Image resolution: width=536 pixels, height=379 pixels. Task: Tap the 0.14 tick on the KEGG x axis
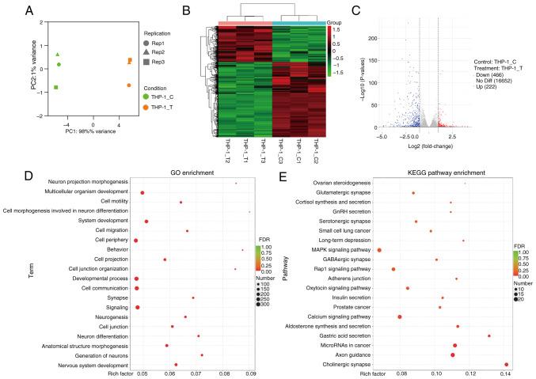coord(506,372)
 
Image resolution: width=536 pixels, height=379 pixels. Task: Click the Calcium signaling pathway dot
coord(400,317)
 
